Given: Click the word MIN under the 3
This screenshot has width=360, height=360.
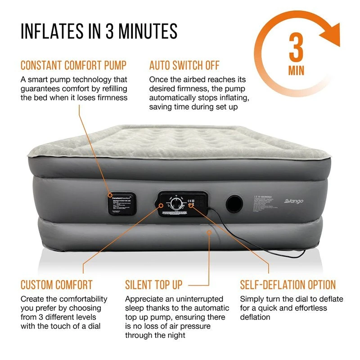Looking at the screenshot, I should point(296,71).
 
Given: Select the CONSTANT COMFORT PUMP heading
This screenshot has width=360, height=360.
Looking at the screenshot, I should point(73,65).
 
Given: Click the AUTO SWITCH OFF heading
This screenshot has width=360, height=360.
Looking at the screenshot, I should point(184,65).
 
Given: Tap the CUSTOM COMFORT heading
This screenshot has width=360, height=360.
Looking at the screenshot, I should point(56,285).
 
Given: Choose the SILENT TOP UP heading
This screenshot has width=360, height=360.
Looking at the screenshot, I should point(154,285).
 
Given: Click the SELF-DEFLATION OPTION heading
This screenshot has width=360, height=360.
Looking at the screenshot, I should point(288,285).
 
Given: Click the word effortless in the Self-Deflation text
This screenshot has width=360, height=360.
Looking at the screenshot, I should point(309,308).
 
